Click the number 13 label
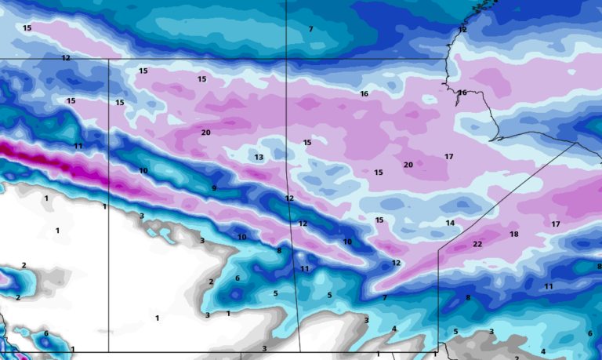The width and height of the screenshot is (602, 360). [259, 158]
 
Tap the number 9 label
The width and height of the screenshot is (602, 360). [214, 188]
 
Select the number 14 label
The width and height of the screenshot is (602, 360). [450, 224]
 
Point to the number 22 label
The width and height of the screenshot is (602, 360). [477, 245]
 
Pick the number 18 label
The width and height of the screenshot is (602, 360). [514, 235]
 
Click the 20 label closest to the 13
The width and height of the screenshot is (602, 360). [205, 133]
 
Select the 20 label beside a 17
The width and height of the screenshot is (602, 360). [408, 165]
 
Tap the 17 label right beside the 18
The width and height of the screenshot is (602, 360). [556, 224]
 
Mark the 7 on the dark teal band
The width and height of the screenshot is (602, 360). [310, 29]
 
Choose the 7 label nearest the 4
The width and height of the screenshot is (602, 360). [385, 298]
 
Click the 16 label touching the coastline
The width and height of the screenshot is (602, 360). [462, 93]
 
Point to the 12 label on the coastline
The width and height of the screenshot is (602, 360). [462, 30]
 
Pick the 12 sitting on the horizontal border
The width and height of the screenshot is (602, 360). [66, 58]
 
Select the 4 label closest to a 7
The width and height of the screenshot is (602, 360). [394, 329]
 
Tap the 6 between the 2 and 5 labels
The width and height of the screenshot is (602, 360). [238, 278]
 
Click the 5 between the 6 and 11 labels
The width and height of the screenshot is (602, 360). [275, 294]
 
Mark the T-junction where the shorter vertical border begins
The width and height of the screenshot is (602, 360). [108, 58]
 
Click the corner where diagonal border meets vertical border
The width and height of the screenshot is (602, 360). [438, 249]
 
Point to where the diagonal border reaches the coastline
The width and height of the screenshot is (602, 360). [578, 144]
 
